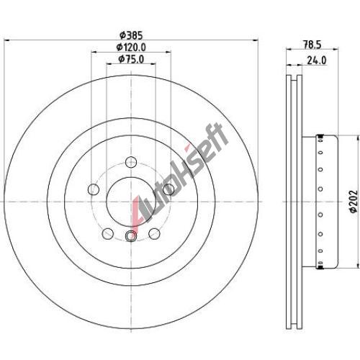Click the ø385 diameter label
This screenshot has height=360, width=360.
(x=131, y=35)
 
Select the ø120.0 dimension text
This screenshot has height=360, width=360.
(x=131, y=48)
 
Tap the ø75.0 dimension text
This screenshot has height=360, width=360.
(x=131, y=59)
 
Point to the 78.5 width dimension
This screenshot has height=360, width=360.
(x=312, y=45)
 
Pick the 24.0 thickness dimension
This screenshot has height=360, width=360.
(x=317, y=60)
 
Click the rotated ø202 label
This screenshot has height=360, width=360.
(x=354, y=202)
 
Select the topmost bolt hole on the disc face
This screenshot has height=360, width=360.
(x=131, y=161)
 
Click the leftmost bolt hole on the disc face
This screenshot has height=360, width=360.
(x=94, y=189)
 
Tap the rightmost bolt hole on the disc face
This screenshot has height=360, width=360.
(x=168, y=189)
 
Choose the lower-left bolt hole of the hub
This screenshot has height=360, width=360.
(x=108, y=233)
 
